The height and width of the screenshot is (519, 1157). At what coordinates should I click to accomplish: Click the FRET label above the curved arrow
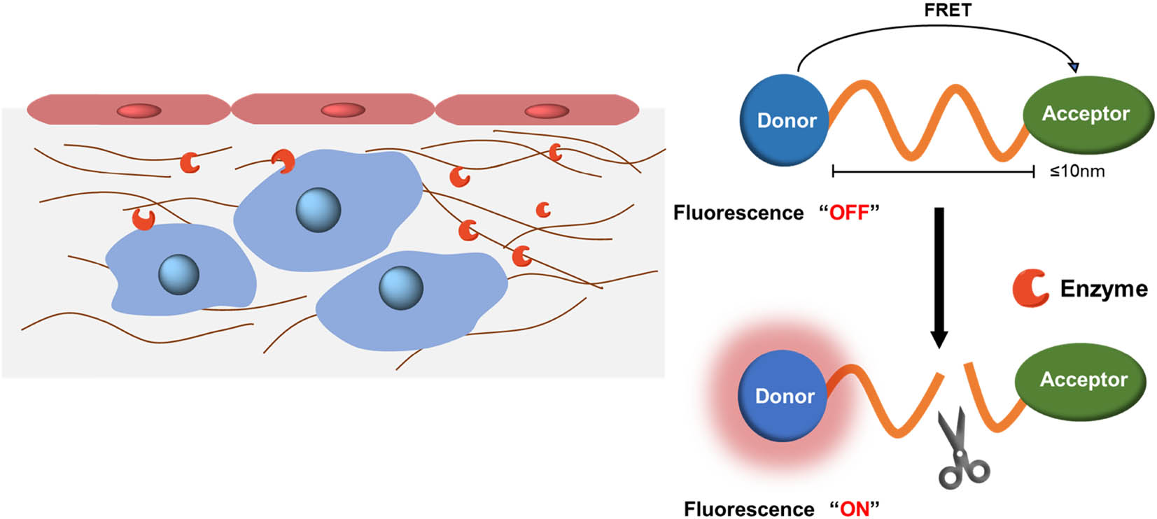coord(947,10)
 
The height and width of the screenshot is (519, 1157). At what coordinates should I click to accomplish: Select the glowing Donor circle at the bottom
coord(784,396)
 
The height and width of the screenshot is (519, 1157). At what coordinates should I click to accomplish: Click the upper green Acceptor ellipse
coord(1086,114)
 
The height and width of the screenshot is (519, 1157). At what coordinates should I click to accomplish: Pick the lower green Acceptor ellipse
coord(1083,380)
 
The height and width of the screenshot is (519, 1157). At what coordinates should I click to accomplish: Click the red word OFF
coord(848,213)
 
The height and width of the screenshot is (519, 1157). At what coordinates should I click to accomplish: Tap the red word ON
coord(854,509)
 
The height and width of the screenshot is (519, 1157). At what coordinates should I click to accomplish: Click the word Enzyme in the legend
coord(1103,289)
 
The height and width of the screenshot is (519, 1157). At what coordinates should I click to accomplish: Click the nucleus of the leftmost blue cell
coord(178,274)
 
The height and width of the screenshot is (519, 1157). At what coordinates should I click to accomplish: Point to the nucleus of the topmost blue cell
coord(318,209)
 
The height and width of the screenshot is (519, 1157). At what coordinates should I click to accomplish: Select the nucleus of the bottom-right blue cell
coord(400,287)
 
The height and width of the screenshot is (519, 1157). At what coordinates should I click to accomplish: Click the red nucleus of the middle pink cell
coord(343,111)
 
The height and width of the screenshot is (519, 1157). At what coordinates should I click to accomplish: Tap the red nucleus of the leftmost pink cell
coord(139,111)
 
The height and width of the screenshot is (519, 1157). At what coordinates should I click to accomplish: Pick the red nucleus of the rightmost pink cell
coord(547,111)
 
